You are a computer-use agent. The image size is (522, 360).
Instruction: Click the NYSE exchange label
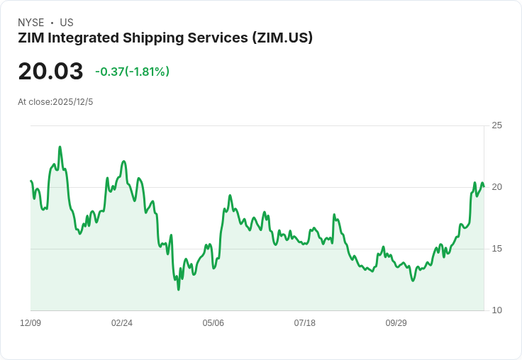pyautogui.click(x=31, y=23)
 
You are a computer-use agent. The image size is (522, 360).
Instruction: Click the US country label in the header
pyautogui.click(x=67, y=23)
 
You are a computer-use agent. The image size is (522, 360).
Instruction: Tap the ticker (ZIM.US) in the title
pyautogui.click(x=282, y=38)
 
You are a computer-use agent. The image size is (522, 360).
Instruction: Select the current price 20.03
pyautogui.click(x=50, y=72)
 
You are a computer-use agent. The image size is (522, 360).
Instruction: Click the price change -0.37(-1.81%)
pyautogui.click(x=132, y=72)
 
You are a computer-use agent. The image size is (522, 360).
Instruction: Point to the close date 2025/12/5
pyautogui.click(x=73, y=102)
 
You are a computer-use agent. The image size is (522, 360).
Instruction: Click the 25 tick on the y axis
pyautogui.click(x=496, y=125)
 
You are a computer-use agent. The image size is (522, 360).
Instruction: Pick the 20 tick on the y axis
pyautogui.click(x=496, y=187)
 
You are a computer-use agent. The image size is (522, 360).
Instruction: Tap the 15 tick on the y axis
pyautogui.click(x=496, y=249)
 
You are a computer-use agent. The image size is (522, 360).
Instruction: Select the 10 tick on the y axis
pyautogui.click(x=496, y=310)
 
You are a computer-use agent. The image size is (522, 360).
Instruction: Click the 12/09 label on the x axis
pyautogui.click(x=30, y=323)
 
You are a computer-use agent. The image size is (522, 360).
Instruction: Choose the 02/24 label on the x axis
pyautogui.click(x=122, y=323)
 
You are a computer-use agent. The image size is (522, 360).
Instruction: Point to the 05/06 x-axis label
pyautogui.click(x=213, y=323)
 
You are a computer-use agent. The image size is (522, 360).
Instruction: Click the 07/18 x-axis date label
pyautogui.click(x=305, y=323)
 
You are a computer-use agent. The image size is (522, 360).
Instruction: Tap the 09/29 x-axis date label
pyautogui.click(x=396, y=323)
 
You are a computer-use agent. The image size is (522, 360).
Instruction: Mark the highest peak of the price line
pyautogui.click(x=60, y=147)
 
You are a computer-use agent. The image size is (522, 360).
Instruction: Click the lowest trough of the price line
pyautogui.click(x=179, y=289)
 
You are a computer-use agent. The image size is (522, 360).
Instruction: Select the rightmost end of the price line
pyautogui.click(x=484, y=186)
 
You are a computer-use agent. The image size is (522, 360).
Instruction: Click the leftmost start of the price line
pyautogui.click(x=30, y=181)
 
